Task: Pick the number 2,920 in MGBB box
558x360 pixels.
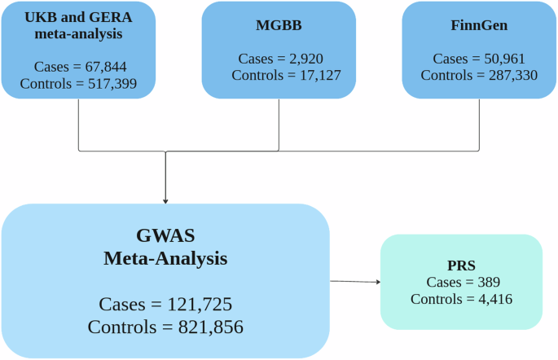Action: [301, 59]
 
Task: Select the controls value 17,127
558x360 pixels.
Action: [312, 75]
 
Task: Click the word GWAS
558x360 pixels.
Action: [165, 236]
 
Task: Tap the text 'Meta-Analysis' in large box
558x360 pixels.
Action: [165, 259]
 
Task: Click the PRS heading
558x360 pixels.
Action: [461, 266]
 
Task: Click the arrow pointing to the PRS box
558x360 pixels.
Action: [355, 282]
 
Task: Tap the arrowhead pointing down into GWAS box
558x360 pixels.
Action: [165, 200]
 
